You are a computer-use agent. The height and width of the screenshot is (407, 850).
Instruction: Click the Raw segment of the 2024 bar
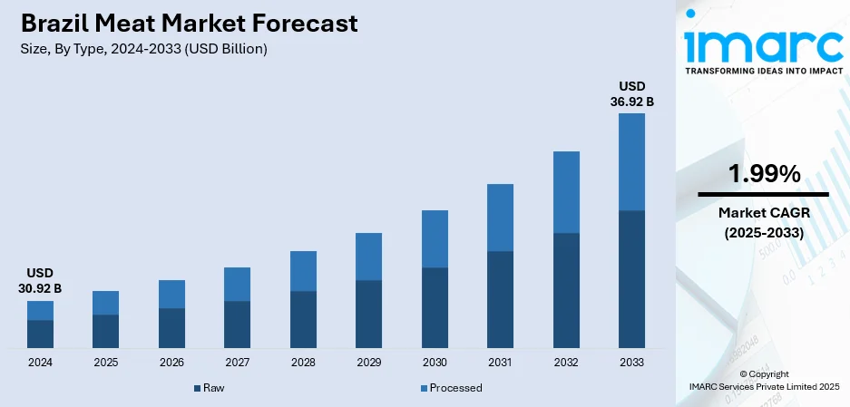coord(40,334)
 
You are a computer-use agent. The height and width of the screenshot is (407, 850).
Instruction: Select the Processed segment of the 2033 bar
coord(631,161)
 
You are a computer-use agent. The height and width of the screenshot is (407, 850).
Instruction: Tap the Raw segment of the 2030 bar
coord(435,307)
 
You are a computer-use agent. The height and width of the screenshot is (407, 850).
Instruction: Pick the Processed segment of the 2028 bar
coord(303,271)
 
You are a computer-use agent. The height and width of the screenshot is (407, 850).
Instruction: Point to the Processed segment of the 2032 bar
coord(566,192)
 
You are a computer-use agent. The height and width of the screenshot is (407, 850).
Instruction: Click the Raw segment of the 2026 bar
coord(171,327)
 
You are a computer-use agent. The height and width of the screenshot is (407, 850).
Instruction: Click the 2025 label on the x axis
coord(105,362)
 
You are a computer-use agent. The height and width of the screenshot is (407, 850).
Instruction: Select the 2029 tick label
coord(368,362)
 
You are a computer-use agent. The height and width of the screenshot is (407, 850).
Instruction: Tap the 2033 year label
coord(631,362)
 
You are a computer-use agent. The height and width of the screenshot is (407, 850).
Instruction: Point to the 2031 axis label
coord(500,362)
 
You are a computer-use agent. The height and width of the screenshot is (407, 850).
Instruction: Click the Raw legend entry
coord(210,388)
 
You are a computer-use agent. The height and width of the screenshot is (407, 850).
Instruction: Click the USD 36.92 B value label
coord(631,94)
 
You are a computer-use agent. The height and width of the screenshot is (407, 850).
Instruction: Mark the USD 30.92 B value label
coord(39,280)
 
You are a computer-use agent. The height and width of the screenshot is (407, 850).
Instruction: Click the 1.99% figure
coord(763,173)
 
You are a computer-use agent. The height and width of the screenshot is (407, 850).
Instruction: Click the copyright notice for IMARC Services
coord(763,380)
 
